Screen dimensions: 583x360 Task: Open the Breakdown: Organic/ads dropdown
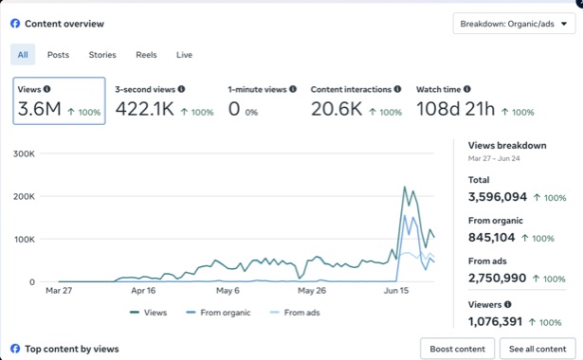[514, 24]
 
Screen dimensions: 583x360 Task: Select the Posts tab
[58, 55]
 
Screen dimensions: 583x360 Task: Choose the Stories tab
[102, 55]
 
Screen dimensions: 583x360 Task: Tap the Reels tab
[146, 55]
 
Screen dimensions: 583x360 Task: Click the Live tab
[184, 55]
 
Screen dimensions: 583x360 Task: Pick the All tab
[23, 55]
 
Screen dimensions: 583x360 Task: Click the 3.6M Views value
[39, 109]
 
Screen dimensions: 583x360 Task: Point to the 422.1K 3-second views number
[144, 109]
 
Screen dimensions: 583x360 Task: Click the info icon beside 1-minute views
[293, 89]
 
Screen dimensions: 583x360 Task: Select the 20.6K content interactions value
[337, 109]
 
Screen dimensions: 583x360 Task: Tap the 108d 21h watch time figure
[455, 109]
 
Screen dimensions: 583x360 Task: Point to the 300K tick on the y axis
[24, 153]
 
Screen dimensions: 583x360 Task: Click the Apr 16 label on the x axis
[143, 291]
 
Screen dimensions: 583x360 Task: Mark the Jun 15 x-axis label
[396, 291]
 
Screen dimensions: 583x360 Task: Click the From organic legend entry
[218, 313]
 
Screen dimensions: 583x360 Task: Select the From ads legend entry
[295, 313]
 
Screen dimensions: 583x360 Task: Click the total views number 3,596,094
[498, 197]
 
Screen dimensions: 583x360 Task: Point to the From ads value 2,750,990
[497, 279]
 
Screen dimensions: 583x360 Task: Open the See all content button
[537, 349]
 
